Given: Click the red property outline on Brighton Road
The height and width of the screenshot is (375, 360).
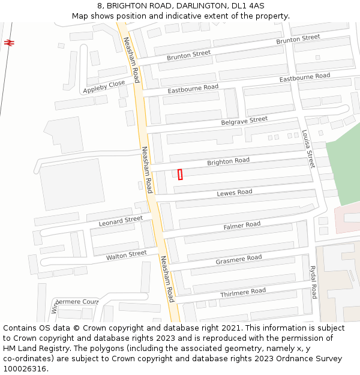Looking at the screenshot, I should pos(180,174).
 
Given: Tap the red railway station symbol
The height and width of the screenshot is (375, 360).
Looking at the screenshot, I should pos(8,43).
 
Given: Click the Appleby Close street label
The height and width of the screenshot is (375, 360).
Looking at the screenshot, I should pos(104,86).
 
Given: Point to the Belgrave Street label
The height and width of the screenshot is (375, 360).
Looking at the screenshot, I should pos(244,120).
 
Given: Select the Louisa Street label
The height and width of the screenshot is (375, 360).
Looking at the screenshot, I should pos(308,150).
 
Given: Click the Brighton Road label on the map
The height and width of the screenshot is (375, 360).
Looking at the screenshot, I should pos(228,161).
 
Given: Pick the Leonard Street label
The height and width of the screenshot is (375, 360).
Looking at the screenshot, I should pos(121,221).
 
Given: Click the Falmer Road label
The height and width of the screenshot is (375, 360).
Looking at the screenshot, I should pos(242,225).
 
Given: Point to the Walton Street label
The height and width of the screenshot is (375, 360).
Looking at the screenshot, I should pos(126,255).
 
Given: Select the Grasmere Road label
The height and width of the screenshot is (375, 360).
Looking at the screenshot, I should pos(239,259).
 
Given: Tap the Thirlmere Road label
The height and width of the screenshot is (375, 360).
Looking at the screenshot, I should pos(242,292).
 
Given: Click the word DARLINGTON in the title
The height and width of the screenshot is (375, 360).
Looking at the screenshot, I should pos(199,5).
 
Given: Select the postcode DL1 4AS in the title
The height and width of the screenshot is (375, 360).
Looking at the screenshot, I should pos(247,5).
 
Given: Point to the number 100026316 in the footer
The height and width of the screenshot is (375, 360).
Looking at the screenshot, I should pos(24,368).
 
